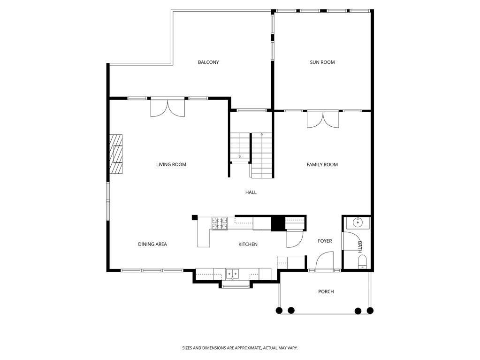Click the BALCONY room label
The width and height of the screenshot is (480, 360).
(x=208, y=62)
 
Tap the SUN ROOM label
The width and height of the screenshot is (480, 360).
(x=322, y=62)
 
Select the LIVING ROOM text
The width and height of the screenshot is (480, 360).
(x=171, y=165)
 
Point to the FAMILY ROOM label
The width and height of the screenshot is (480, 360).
(x=322, y=165)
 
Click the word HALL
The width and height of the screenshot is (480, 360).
(x=251, y=192)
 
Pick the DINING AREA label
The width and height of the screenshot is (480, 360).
(x=152, y=244)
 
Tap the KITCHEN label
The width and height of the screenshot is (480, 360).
(x=248, y=244)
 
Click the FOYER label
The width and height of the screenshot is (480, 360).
(x=325, y=241)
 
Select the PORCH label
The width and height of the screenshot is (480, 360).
(x=326, y=291)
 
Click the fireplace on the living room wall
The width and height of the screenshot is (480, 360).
(x=116, y=154)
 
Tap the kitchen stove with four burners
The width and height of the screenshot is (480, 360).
(x=219, y=223)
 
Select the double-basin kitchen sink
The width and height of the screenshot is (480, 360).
(x=232, y=273)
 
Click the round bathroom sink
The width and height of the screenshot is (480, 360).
(x=358, y=222)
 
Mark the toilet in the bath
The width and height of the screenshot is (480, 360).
(x=362, y=262)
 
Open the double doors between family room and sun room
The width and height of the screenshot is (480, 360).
(x=322, y=119)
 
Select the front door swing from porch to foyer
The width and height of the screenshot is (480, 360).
(x=325, y=262)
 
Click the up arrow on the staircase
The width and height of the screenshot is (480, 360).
(x=262, y=135)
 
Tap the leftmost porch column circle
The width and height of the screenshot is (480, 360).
(x=279, y=310)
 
